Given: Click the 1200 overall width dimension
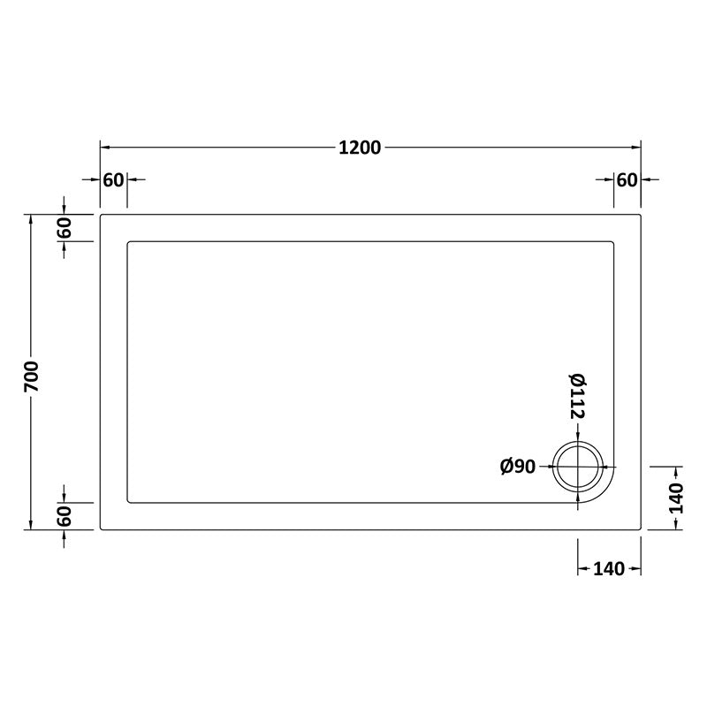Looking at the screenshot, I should pos(360,148).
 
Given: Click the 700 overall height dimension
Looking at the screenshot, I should pos(32,373).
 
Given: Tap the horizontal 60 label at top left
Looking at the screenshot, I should pos(113,180).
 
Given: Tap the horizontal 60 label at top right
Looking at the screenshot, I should pos(627,180).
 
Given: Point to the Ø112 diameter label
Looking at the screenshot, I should pos(577,395).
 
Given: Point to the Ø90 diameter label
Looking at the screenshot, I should pos(518,467).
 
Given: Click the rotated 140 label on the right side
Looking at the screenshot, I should pos(676,498).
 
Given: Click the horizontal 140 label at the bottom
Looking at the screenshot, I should pos(609,568).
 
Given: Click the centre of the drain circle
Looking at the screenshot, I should pos(578,467).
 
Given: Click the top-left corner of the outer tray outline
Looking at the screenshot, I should pos(101,215).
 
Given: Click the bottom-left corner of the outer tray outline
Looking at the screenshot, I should pos(101,529).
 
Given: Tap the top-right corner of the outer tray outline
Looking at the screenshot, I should pos(641,215).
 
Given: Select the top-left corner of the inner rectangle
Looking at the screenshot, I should pos(129,241).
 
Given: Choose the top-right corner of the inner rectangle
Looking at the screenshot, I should pos(613,241).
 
